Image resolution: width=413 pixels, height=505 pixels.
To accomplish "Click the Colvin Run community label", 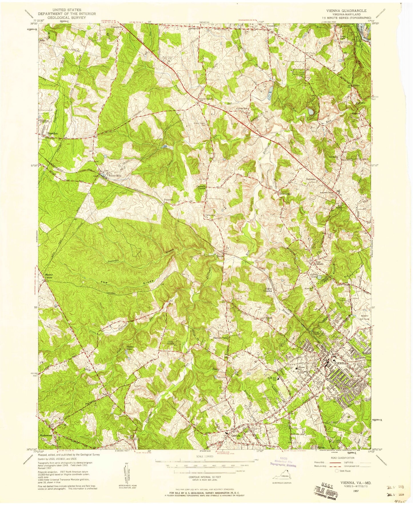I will point(242,109).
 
